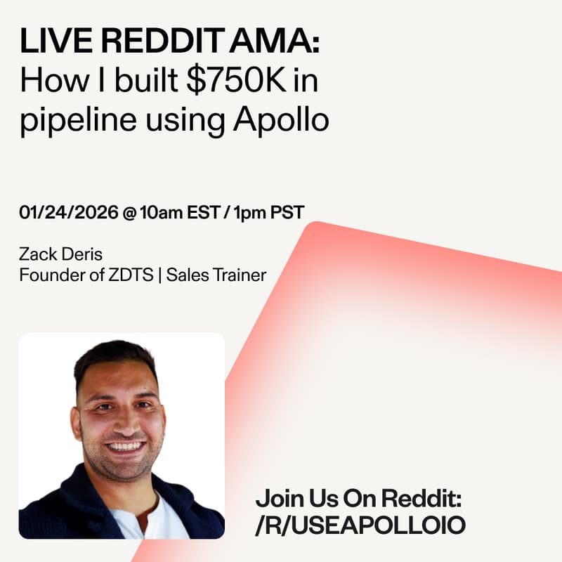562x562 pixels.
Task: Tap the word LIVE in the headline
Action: [46, 44]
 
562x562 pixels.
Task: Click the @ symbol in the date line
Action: [129, 212]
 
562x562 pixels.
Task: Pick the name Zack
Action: [36, 254]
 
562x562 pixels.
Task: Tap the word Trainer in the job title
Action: [241, 275]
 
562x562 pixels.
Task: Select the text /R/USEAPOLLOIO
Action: [360, 525]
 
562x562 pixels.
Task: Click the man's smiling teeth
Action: [126, 446]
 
